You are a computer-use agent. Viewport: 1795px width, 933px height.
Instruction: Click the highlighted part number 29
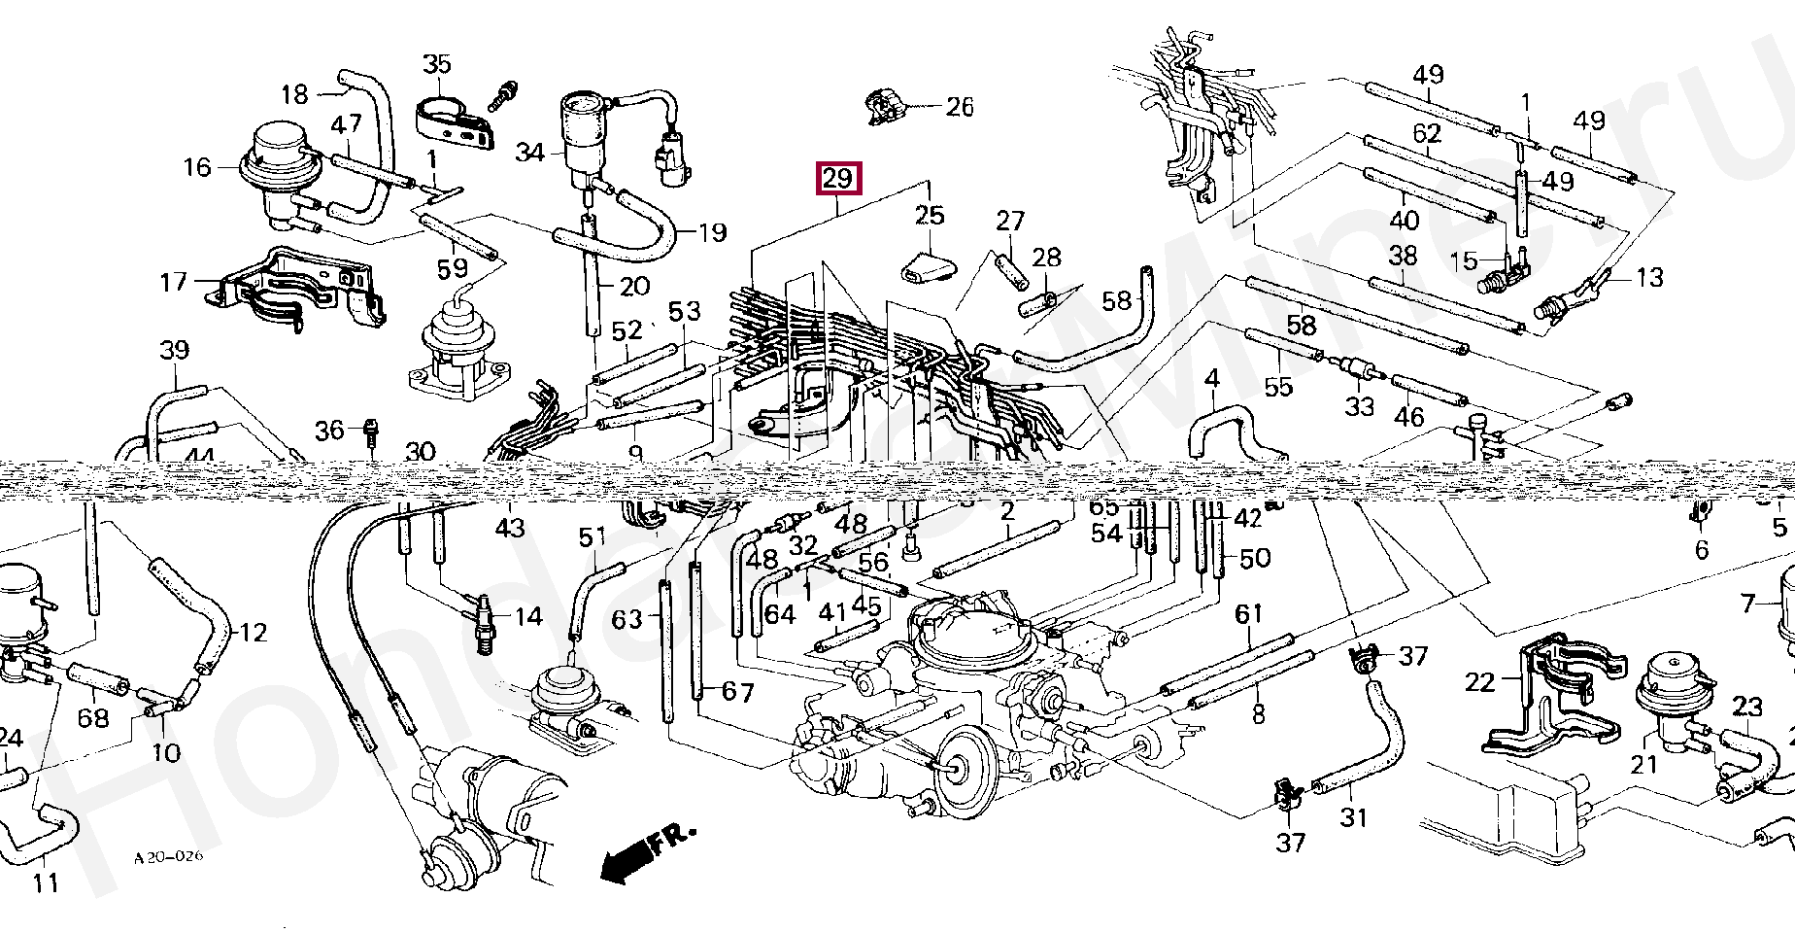(x=837, y=179)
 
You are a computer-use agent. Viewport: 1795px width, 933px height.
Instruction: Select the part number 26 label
(x=959, y=106)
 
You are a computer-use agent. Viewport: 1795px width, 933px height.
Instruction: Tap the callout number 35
(x=437, y=64)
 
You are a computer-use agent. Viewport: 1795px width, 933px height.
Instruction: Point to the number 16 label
(x=196, y=167)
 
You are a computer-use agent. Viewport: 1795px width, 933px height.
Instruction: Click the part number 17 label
(x=173, y=282)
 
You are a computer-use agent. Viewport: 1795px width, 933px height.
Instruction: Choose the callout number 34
(x=529, y=153)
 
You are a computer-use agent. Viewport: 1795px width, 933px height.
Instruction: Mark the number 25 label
(x=930, y=215)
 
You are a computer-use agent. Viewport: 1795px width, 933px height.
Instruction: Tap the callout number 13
(x=1649, y=278)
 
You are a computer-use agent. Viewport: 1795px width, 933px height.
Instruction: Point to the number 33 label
(x=1359, y=405)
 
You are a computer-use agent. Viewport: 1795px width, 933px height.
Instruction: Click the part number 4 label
(x=1211, y=377)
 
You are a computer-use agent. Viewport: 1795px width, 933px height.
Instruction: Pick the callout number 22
(x=1479, y=682)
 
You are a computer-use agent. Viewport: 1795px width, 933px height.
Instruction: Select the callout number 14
(x=528, y=616)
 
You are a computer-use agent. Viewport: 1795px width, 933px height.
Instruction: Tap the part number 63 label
(x=627, y=618)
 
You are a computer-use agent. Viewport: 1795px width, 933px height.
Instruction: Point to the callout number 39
(x=174, y=349)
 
